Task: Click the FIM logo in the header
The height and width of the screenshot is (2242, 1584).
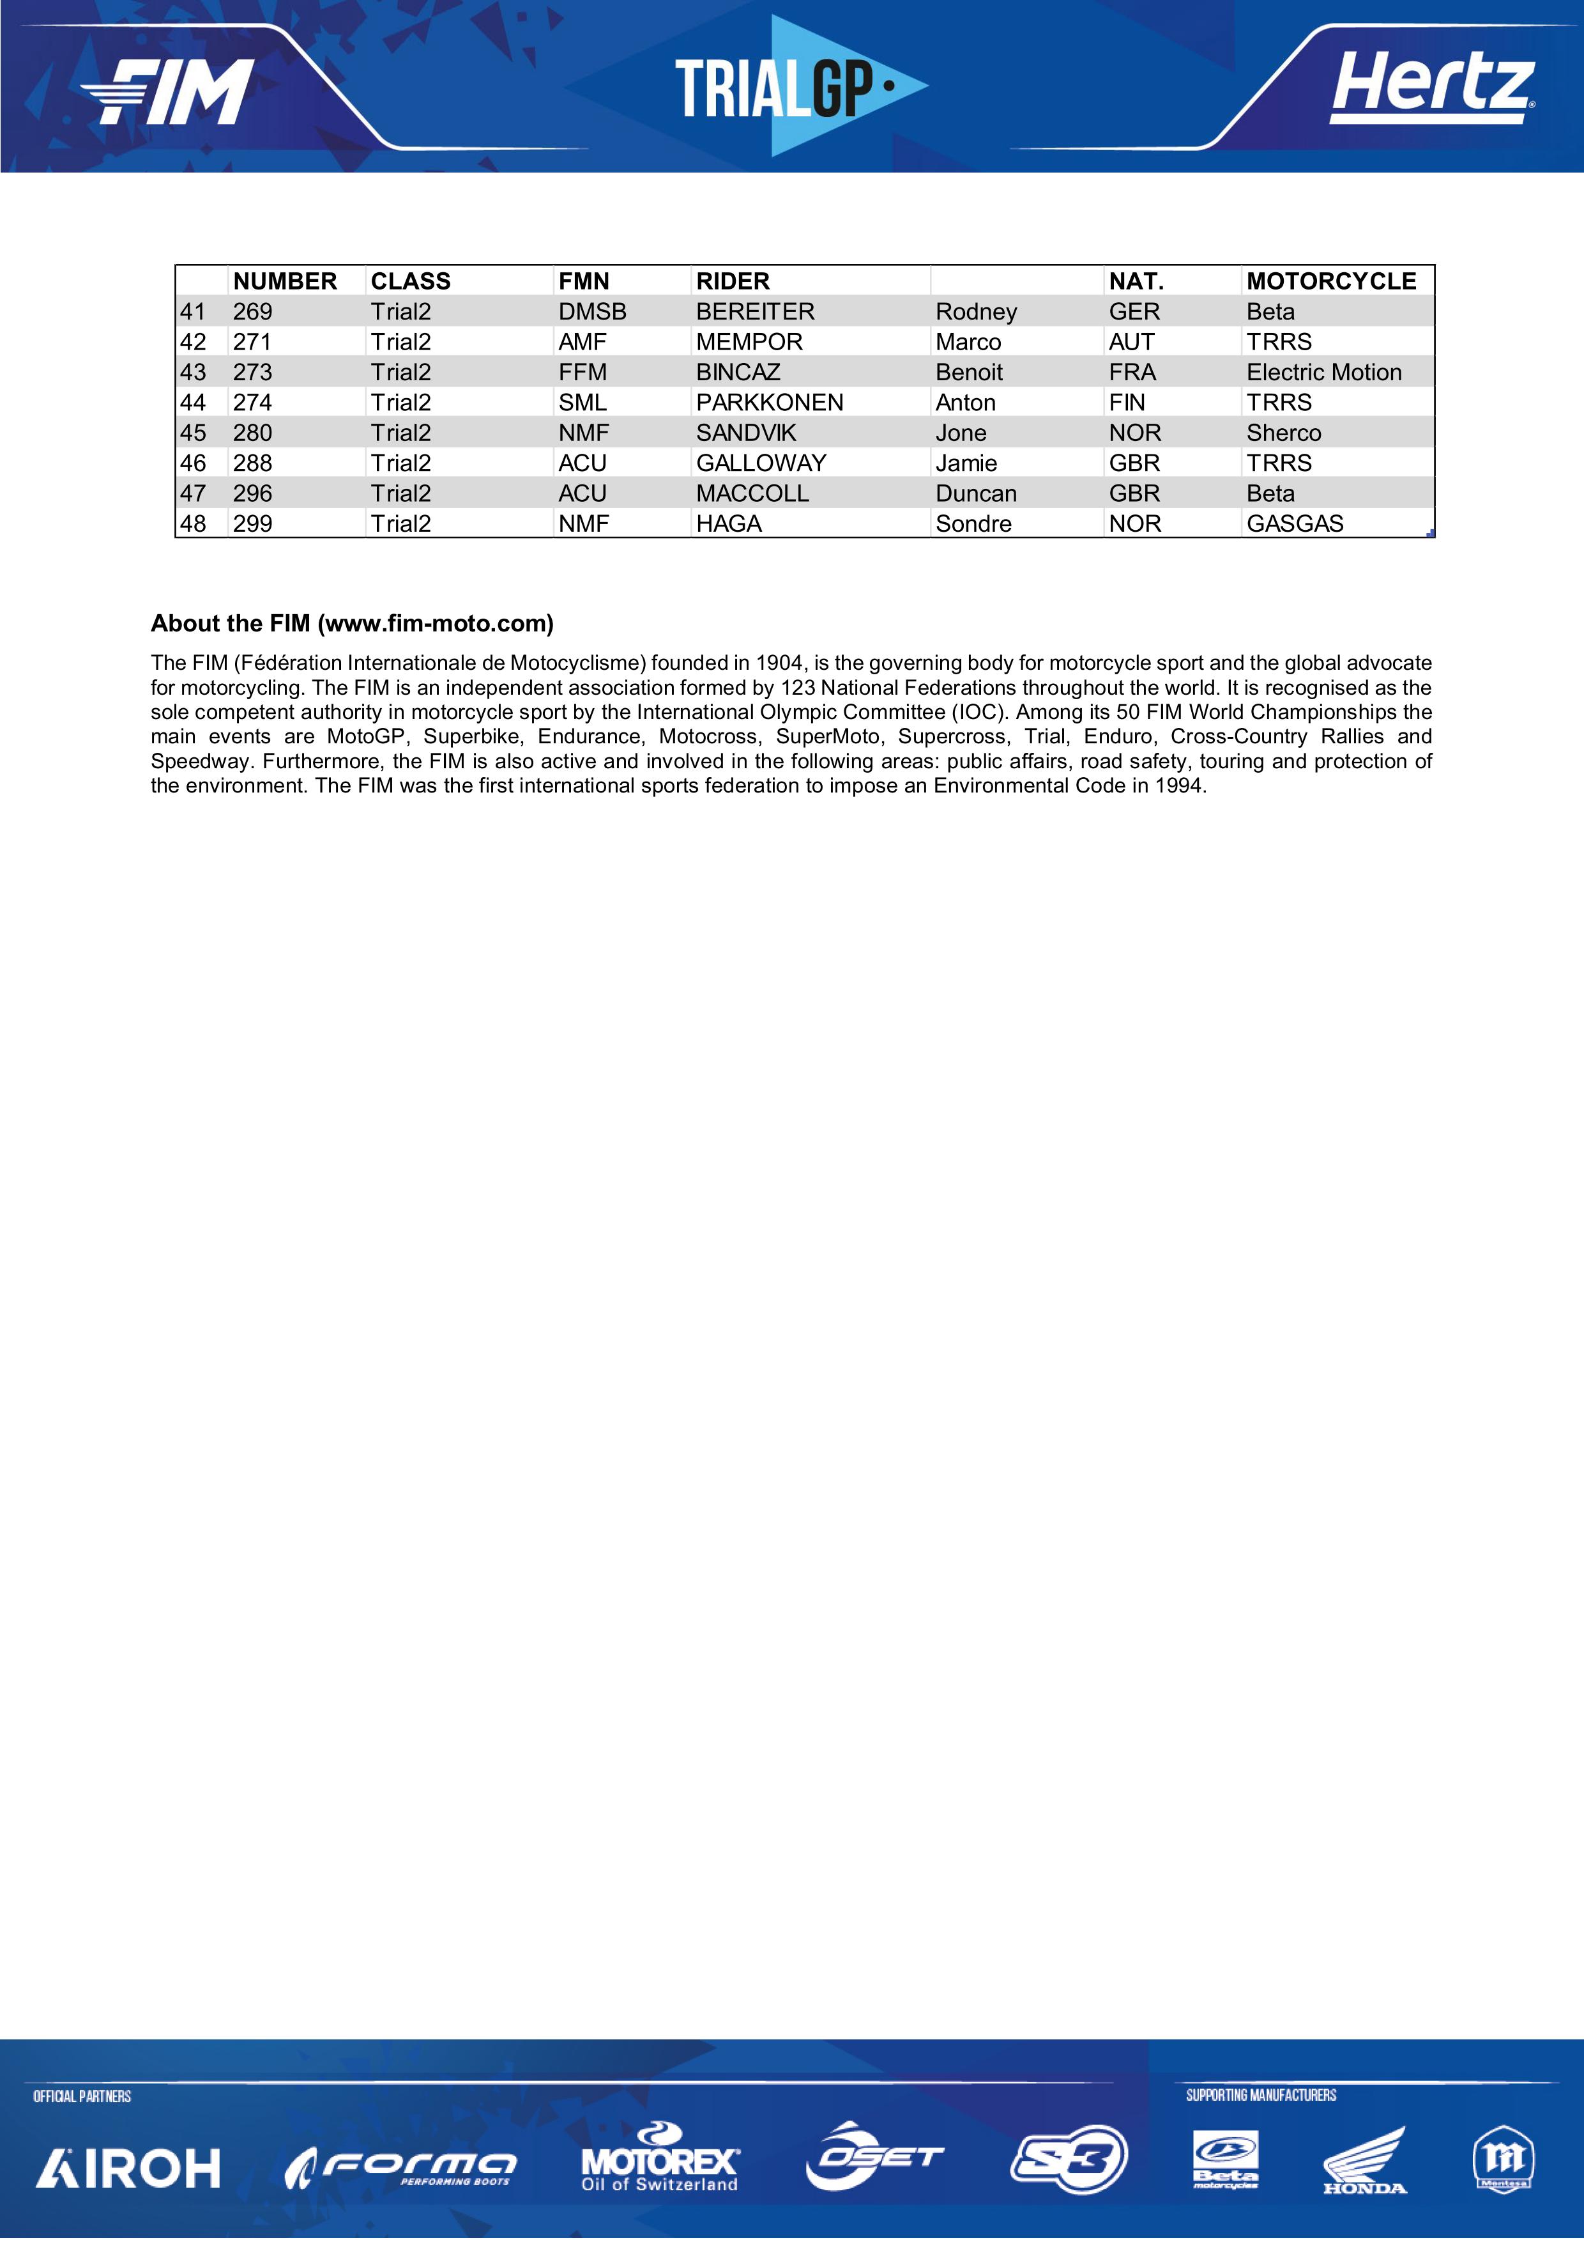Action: pyautogui.click(x=168, y=92)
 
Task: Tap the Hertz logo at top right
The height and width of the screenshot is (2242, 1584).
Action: pyautogui.click(x=1432, y=88)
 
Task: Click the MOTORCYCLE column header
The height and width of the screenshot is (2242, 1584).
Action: pyautogui.click(x=1330, y=281)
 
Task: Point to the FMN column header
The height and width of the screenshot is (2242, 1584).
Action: pyautogui.click(x=584, y=281)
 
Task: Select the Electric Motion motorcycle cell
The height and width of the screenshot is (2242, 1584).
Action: pyautogui.click(x=1323, y=372)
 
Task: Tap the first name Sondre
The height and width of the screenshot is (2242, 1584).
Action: pyautogui.click(x=973, y=523)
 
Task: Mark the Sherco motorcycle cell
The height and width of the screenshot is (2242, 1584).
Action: pyautogui.click(x=1283, y=433)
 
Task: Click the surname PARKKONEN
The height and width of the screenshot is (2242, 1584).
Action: pyautogui.click(x=769, y=402)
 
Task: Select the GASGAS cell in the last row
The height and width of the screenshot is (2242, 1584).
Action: pyautogui.click(x=1294, y=523)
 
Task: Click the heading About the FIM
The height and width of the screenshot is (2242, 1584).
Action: pyautogui.click(x=351, y=623)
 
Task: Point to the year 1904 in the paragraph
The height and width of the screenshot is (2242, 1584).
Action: pyautogui.click(x=779, y=663)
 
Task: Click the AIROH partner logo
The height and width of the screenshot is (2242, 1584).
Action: pyautogui.click(x=128, y=2168)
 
